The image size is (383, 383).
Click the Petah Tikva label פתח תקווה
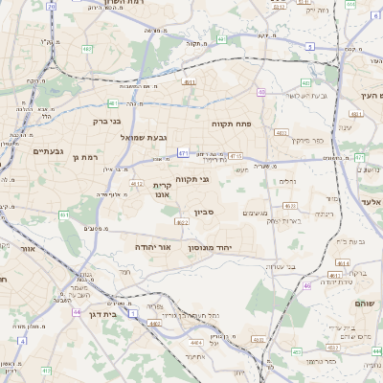(231, 124)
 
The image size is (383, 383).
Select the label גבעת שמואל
(118, 138)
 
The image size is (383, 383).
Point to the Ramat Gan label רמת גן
(85, 156)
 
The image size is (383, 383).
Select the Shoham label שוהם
(368, 304)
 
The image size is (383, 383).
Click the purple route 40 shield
(261, 92)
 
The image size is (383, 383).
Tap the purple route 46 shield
(307, 285)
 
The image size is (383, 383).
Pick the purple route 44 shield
(76, 312)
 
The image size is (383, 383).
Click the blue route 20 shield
(51, 6)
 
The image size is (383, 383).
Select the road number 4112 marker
(137, 184)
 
